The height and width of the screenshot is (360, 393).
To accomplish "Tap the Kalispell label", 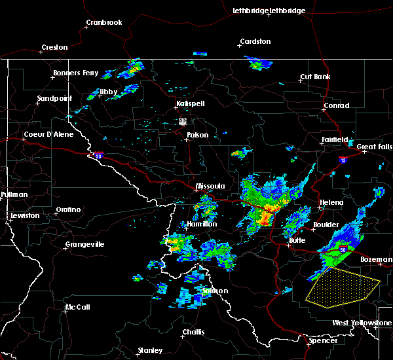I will click(x=191, y=104).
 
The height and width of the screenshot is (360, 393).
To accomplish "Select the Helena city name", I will click(x=331, y=202).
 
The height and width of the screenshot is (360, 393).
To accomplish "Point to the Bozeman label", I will click(x=376, y=260).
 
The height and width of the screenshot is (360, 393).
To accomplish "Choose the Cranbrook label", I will click(x=104, y=23).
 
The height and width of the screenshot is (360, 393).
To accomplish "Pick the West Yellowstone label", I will click(x=362, y=323).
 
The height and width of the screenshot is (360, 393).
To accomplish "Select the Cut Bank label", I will click(x=314, y=77).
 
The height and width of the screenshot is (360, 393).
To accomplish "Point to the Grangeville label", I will click(x=84, y=245).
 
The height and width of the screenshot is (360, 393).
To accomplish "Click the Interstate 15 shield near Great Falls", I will click(x=343, y=159).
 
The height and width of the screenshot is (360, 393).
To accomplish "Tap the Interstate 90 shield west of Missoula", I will click(x=98, y=156).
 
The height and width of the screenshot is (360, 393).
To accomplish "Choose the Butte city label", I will click(x=297, y=241).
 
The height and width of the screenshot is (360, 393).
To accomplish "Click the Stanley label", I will click(x=150, y=350).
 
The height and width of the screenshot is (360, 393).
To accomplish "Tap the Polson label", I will click(x=197, y=135).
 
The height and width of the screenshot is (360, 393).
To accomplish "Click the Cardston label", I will click(x=255, y=42).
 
